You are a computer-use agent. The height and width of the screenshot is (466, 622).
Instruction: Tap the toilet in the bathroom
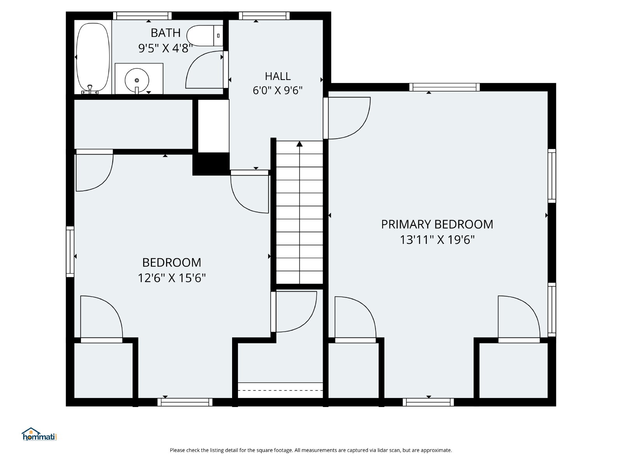(x=205, y=36)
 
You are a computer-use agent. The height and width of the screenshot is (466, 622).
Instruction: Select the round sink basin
(x=137, y=80)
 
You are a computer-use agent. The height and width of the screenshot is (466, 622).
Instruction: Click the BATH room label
(x=166, y=33)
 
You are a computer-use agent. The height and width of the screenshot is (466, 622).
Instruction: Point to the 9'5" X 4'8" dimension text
(x=166, y=49)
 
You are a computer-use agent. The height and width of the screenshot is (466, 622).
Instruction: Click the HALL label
(x=278, y=76)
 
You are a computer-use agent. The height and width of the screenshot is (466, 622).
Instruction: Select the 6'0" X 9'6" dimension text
(x=278, y=90)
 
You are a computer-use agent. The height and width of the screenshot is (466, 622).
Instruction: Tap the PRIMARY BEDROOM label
(x=437, y=224)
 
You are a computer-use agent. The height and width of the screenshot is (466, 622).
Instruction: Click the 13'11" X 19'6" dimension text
(x=437, y=240)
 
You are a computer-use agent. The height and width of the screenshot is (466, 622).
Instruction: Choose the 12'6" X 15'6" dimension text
(x=172, y=278)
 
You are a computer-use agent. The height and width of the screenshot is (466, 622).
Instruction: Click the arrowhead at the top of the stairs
(x=299, y=144)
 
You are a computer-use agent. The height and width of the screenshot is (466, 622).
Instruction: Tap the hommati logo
(x=39, y=434)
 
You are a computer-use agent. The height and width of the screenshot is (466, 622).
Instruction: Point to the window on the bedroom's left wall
(x=70, y=252)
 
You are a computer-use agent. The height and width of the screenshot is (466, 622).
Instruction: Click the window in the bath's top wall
(x=142, y=16)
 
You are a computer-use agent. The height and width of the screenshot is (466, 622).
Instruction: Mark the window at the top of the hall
(x=264, y=16)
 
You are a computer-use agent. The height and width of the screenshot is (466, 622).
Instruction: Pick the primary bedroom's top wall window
(x=444, y=87)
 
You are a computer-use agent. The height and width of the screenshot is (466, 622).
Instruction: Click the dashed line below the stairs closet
(x=280, y=390)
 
